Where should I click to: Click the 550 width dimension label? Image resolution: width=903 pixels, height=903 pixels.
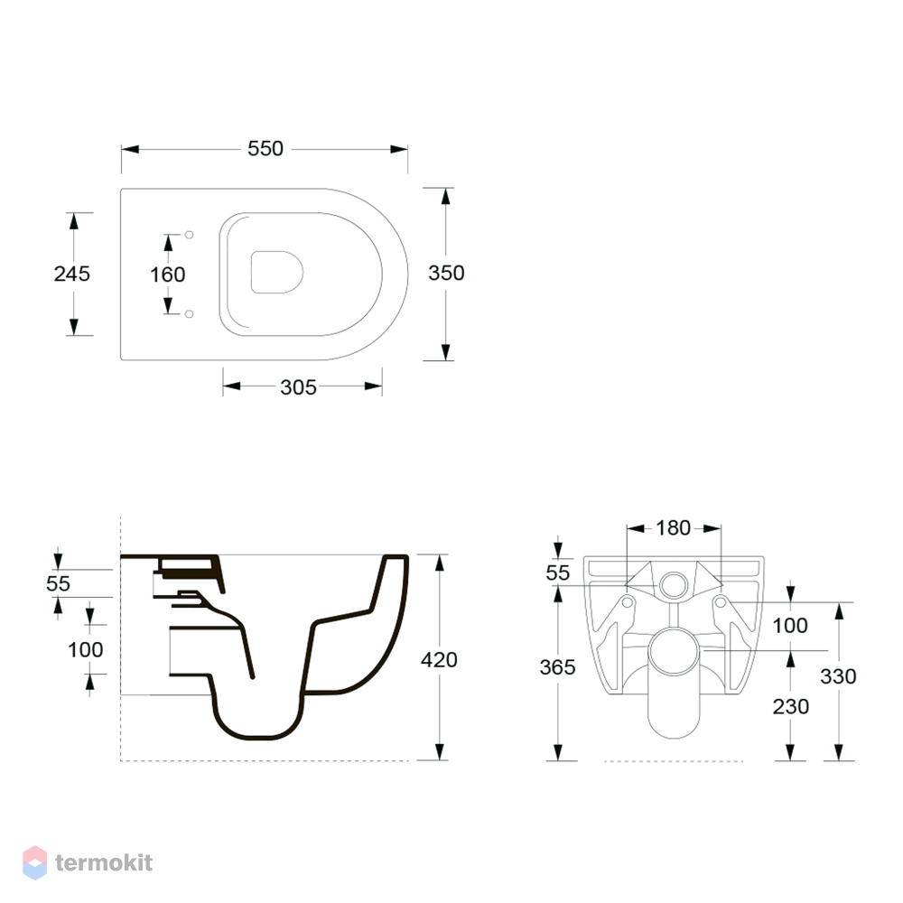[265, 149]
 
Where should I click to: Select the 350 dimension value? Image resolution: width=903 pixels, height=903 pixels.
[446, 273]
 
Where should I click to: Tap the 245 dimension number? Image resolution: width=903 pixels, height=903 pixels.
[72, 274]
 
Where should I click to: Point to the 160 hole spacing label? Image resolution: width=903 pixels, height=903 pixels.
[168, 275]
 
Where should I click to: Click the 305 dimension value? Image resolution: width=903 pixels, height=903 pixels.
[298, 387]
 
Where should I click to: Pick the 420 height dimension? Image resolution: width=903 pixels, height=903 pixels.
[439, 659]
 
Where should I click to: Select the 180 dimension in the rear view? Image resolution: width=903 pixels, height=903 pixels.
[674, 527]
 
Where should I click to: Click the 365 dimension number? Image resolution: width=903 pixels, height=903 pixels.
[557, 667]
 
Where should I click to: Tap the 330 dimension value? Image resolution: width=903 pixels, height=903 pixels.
[838, 676]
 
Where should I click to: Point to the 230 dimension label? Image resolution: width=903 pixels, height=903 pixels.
[791, 706]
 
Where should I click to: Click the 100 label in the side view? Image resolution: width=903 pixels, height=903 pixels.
[85, 649]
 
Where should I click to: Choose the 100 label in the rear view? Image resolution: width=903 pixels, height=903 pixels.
[790, 626]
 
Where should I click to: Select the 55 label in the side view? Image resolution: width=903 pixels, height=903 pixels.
[58, 583]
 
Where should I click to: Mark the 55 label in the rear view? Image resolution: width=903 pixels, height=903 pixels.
[557, 573]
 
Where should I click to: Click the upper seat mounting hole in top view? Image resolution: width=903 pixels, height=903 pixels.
[189, 235]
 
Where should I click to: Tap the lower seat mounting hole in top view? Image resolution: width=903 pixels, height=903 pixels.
[189, 314]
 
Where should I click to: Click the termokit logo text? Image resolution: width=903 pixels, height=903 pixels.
[104, 862]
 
